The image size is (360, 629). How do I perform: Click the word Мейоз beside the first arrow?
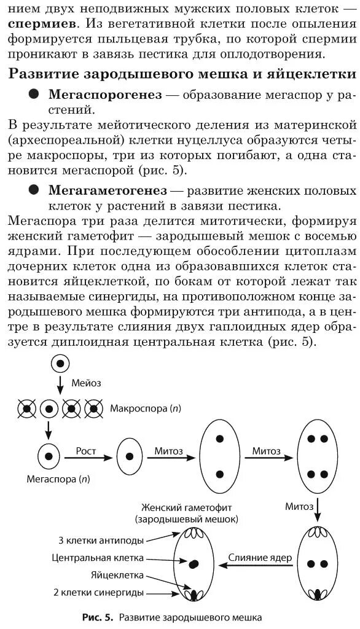point(87,383)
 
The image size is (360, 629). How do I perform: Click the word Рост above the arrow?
point(86,450)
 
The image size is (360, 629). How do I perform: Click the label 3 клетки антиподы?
point(101,541)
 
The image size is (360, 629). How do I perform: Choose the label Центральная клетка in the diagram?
point(98,558)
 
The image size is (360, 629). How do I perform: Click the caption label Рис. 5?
point(95,617)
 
